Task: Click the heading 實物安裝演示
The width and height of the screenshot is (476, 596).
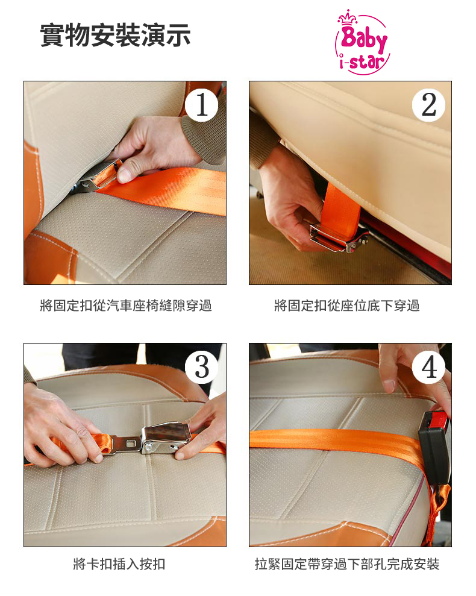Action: click(x=115, y=36)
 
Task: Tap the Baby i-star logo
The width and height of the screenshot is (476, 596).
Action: click(x=362, y=42)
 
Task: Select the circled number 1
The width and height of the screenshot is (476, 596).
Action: click(x=201, y=104)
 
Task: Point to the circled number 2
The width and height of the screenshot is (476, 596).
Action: click(x=429, y=104)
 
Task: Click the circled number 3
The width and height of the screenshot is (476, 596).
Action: click(x=201, y=367)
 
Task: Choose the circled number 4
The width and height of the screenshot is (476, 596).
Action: click(x=429, y=367)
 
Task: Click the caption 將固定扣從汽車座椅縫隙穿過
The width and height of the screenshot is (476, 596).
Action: click(x=126, y=305)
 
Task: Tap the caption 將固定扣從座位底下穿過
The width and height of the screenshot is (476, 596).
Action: click(x=346, y=305)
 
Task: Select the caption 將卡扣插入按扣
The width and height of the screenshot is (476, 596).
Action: click(x=119, y=563)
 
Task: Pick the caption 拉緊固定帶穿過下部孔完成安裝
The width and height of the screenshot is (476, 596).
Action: click(x=346, y=563)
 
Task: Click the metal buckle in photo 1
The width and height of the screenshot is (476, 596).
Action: click(x=98, y=176)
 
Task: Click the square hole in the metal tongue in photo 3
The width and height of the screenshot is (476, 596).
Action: click(x=131, y=443)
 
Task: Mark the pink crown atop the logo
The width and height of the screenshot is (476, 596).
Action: click(x=348, y=17)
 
